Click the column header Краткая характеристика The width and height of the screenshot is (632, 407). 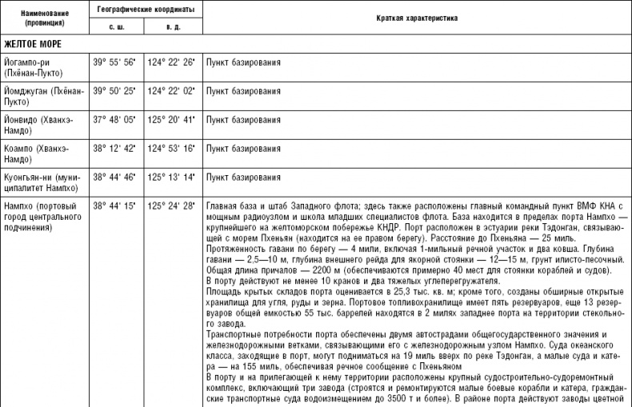coord(416,18)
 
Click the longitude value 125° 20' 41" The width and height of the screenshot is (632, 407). coord(171,120)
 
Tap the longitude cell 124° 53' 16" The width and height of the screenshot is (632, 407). coord(171,148)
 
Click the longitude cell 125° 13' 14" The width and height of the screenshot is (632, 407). coord(171,177)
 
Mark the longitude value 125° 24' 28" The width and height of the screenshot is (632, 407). coord(171,205)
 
